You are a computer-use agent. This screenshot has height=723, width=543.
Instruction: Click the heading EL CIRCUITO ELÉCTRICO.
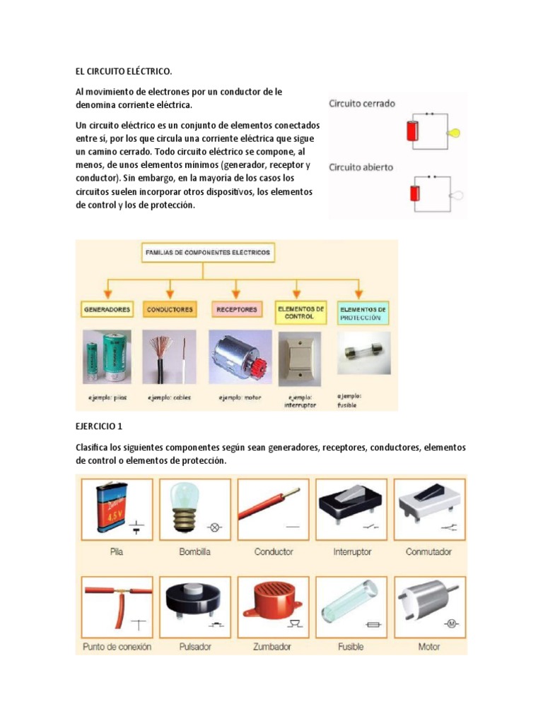pyautogui.click(x=123, y=71)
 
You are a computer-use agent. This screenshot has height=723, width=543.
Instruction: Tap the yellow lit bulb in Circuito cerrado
pyautogui.click(x=455, y=132)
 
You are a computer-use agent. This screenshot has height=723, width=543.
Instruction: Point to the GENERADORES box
pyautogui.click(x=107, y=309)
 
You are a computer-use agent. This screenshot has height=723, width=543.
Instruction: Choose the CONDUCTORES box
pyautogui.click(x=170, y=309)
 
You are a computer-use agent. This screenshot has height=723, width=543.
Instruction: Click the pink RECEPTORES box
pyautogui.click(x=236, y=309)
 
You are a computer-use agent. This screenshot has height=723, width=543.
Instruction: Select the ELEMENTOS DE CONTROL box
pyautogui.click(x=300, y=312)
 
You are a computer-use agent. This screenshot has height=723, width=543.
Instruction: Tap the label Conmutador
pyautogui.click(x=428, y=551)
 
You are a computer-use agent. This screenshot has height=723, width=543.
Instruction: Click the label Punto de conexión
pyautogui.click(x=117, y=646)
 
